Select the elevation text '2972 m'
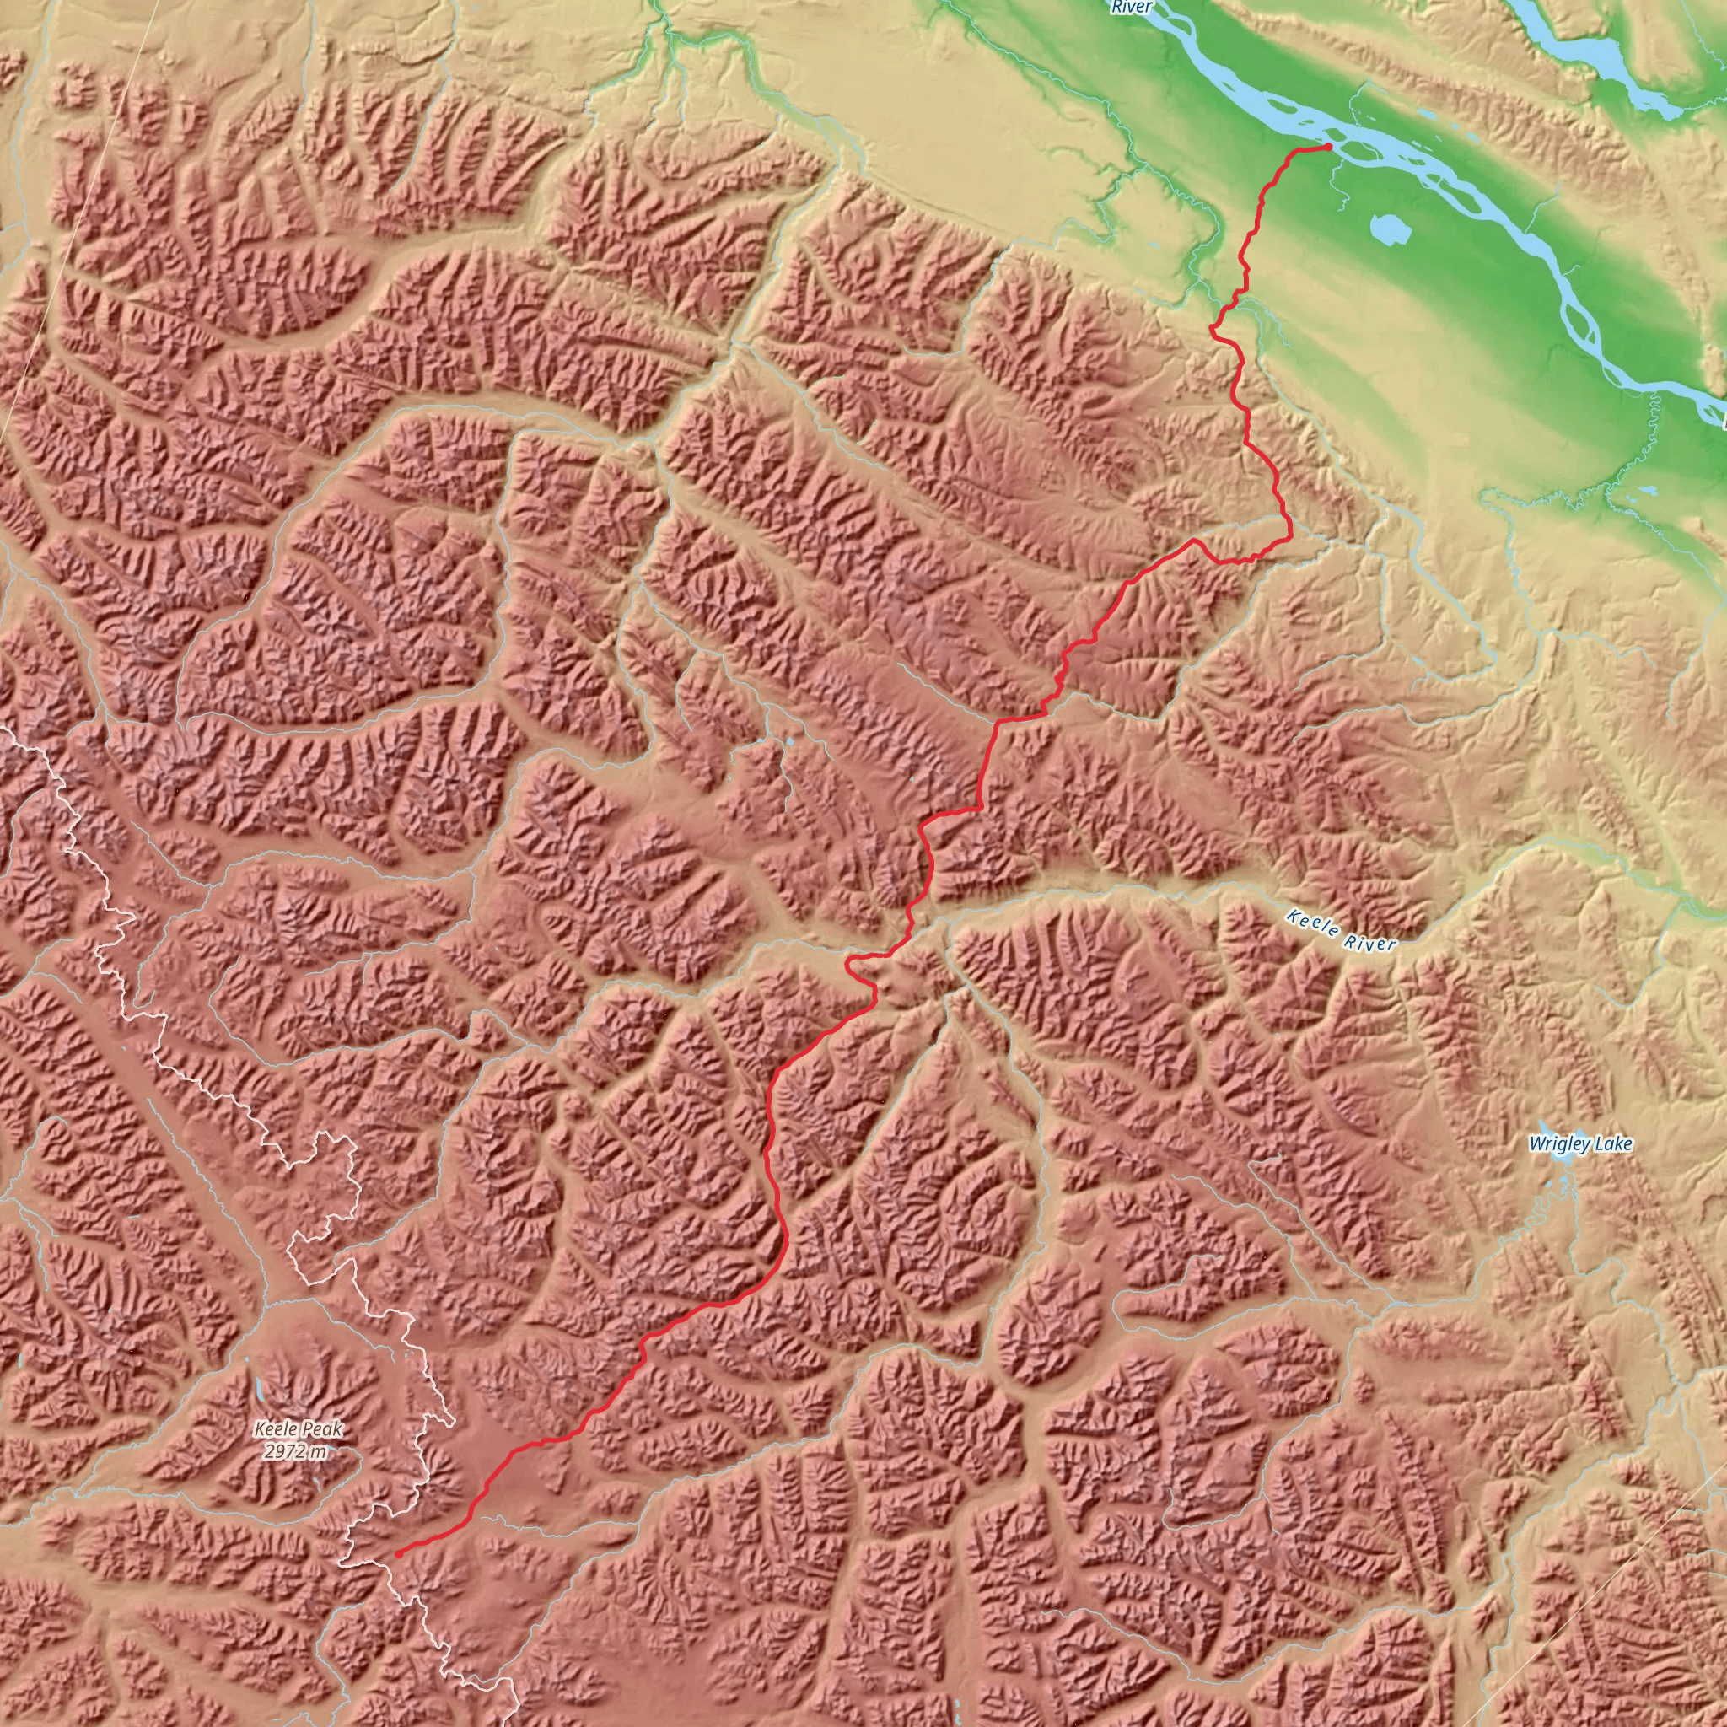tap(296, 1450)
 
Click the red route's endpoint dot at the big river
tap(1328, 146)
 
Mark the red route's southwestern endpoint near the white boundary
tap(398, 1553)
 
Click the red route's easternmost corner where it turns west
tap(1290, 537)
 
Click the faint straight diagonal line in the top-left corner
tap(80, 223)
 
